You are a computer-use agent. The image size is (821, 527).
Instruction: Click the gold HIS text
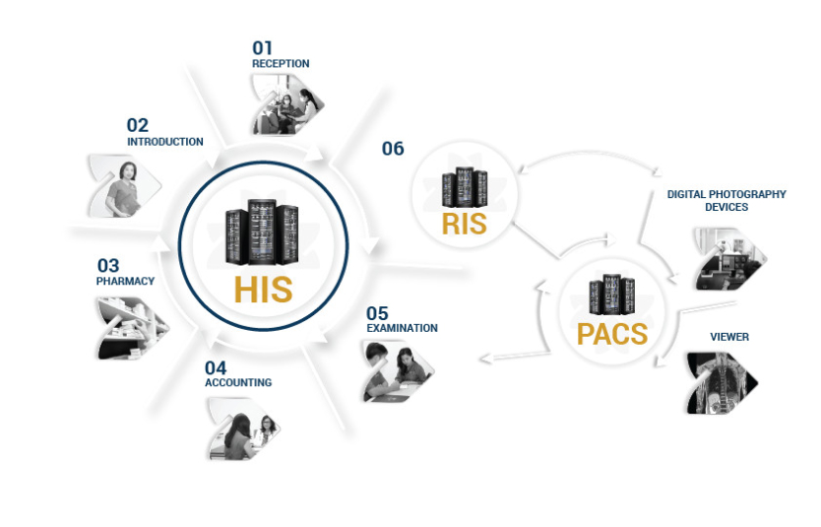[x=263, y=289]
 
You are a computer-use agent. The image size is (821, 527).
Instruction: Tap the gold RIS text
[x=464, y=224]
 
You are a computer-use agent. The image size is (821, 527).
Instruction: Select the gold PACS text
[x=612, y=333]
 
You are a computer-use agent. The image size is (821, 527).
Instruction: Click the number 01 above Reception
[x=262, y=46]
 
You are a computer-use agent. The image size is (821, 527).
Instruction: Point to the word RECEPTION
[x=281, y=64]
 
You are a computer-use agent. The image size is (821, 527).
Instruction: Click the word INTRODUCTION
[x=165, y=142]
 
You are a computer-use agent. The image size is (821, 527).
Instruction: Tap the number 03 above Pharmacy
[x=107, y=265]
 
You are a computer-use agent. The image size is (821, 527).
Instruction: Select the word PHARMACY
[x=125, y=281]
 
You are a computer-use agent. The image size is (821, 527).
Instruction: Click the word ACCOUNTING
[x=238, y=382]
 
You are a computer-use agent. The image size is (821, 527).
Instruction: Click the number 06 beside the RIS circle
[x=393, y=149]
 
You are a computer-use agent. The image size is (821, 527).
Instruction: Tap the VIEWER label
[x=729, y=337]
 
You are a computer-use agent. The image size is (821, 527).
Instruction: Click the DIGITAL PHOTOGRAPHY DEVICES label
[x=726, y=201]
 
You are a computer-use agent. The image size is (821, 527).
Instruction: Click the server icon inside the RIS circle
[x=465, y=186]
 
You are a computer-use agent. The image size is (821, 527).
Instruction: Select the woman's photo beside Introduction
[x=125, y=185]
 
